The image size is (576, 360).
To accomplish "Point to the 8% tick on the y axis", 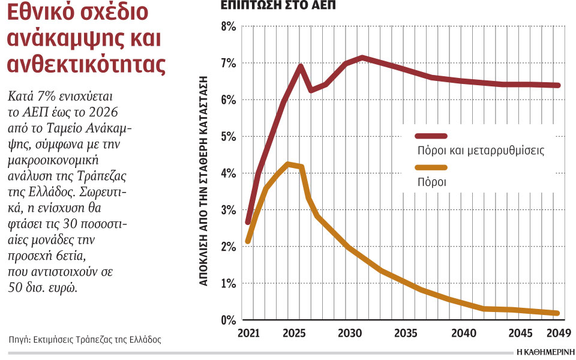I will (228, 26).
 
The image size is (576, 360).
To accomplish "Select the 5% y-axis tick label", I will (228, 137).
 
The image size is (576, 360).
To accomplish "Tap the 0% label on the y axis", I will (228, 320).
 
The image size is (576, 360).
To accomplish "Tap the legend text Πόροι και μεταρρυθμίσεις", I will (481, 151).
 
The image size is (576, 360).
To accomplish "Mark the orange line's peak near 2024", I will (289, 164).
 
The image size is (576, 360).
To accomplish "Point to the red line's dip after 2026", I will (311, 90).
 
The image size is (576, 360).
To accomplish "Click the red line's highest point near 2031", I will (362, 58).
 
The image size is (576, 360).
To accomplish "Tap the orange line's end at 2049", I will (557, 313).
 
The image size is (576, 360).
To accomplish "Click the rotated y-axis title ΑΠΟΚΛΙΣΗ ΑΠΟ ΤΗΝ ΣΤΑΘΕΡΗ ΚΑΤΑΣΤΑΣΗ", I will (204, 180).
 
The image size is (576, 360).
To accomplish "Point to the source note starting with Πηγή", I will (85, 339).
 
